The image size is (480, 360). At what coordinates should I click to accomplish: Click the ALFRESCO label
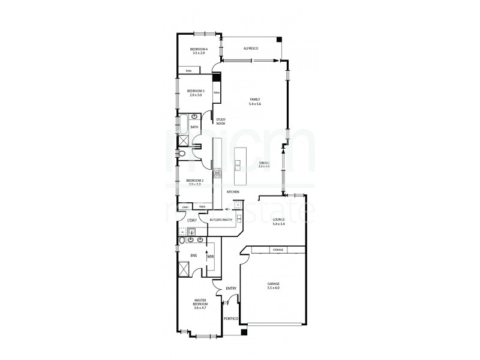point(250,48)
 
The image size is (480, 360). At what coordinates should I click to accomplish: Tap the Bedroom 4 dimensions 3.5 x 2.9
point(199,53)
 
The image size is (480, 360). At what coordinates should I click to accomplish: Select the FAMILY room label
point(255,100)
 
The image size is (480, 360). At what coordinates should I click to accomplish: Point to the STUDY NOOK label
point(221,121)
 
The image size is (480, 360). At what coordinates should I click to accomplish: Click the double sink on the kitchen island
point(238,165)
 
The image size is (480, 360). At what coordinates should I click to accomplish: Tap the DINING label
point(264,163)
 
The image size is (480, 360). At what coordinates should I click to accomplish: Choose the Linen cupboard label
point(185,208)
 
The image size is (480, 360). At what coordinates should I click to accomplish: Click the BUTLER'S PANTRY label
point(221,220)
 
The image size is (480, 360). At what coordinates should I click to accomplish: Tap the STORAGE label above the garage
point(277,249)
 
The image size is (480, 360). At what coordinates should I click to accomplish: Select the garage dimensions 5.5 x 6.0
point(273,288)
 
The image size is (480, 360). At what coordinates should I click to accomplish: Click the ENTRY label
point(231,289)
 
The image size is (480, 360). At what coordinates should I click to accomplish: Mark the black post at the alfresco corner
point(280,40)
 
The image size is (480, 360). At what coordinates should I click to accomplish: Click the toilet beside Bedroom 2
point(182,155)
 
